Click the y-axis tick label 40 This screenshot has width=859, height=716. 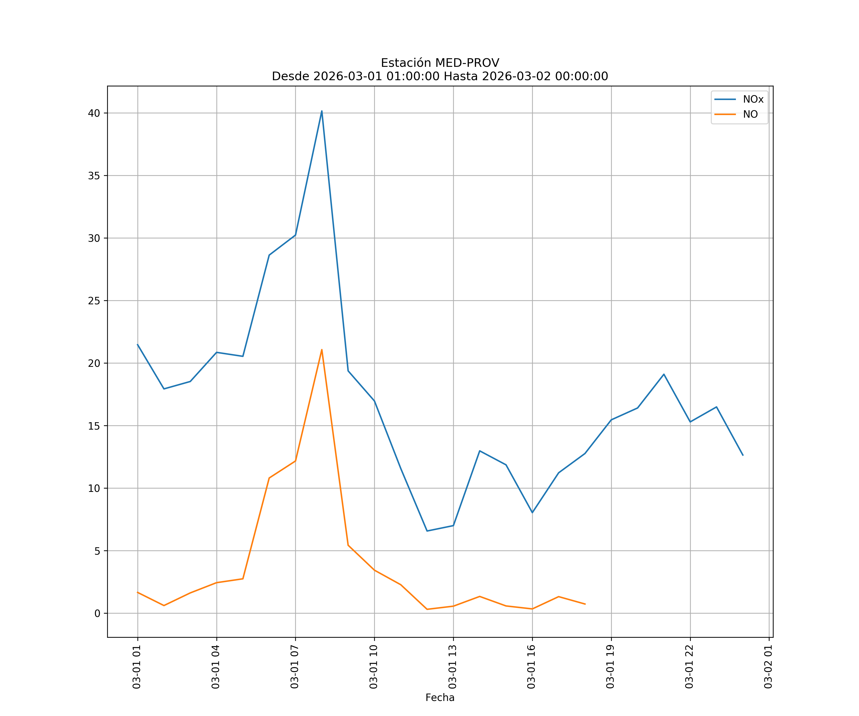pyautogui.click(x=94, y=113)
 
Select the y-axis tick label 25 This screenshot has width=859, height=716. pyautogui.click(x=94, y=301)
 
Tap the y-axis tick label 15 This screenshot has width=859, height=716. pyautogui.click(x=94, y=426)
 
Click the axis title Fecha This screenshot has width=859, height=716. pyautogui.click(x=440, y=698)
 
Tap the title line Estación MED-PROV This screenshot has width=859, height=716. pyautogui.click(x=440, y=63)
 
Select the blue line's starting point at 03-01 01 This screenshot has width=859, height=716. pyautogui.click(x=138, y=344)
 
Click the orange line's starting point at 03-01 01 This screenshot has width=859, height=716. pyautogui.click(x=138, y=592)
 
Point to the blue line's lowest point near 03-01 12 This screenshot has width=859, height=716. pyautogui.click(x=427, y=531)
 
